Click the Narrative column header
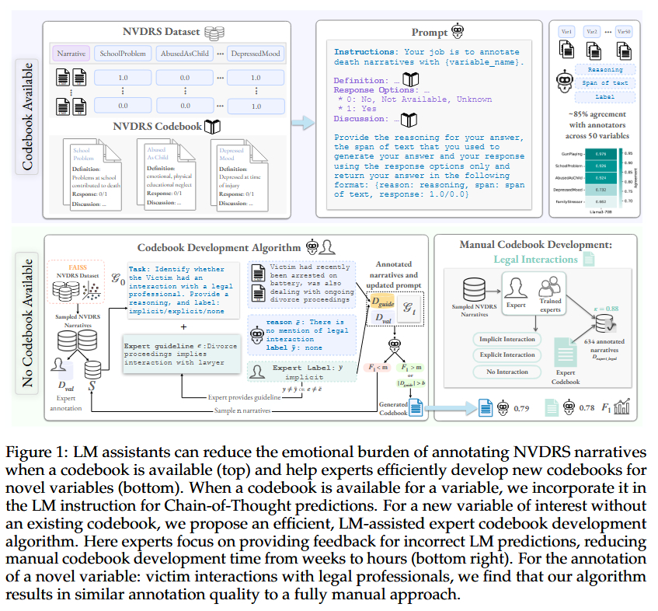70,54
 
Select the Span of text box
606,83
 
